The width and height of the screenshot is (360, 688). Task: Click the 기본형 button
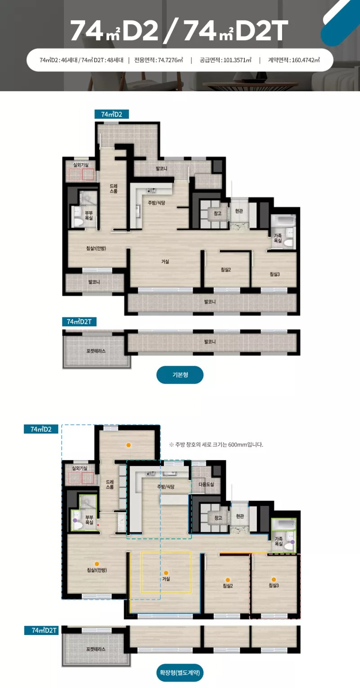click(x=180, y=375)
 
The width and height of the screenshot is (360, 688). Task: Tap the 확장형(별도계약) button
click(x=180, y=673)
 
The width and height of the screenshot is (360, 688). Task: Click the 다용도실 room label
click(x=206, y=484)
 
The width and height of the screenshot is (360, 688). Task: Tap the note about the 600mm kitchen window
click(x=216, y=444)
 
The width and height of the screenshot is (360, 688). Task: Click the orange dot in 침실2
click(x=228, y=580)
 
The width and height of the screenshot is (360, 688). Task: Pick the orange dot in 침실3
click(x=274, y=580)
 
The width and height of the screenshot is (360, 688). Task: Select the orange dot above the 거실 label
click(x=166, y=573)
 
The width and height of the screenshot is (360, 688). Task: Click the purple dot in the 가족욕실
click(x=292, y=542)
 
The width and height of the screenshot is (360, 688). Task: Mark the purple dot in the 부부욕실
click(x=75, y=520)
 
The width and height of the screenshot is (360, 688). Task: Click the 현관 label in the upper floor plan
click(x=239, y=211)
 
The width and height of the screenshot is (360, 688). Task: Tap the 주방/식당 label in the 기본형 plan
click(x=157, y=203)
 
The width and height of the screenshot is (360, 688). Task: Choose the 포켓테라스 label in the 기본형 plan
click(x=96, y=351)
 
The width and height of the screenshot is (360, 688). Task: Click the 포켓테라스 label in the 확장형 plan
click(x=96, y=649)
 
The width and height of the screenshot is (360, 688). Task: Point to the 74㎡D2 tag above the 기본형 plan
click(x=112, y=114)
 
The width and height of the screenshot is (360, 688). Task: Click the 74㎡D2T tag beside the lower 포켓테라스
click(x=41, y=630)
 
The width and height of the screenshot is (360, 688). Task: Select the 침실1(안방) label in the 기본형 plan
click(x=96, y=248)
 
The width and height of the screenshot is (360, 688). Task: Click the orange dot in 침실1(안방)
click(x=97, y=564)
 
